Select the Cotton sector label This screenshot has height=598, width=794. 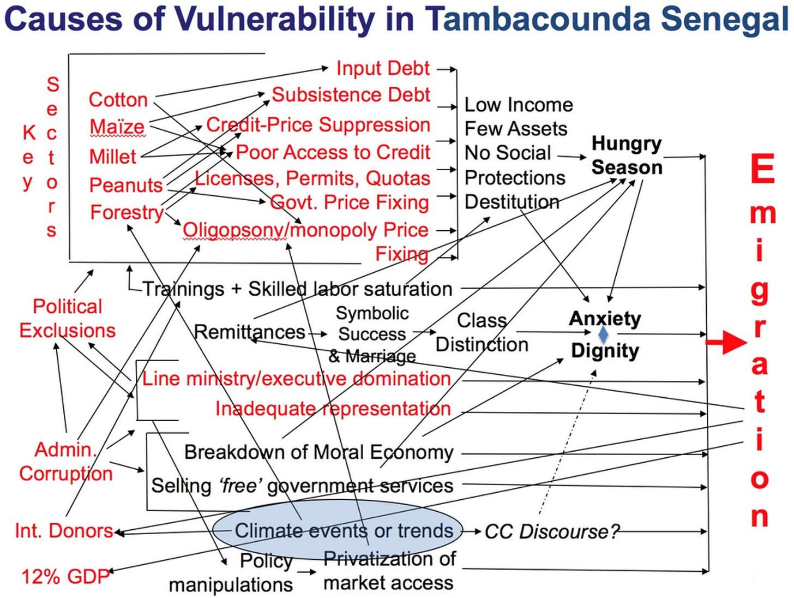click(118, 100)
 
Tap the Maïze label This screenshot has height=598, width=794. click(117, 127)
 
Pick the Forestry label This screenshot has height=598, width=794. click(127, 212)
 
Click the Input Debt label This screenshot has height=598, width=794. click(383, 68)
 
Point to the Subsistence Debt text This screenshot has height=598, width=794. click(351, 95)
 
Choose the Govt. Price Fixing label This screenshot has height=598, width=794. click(350, 203)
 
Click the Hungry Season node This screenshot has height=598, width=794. click(627, 156)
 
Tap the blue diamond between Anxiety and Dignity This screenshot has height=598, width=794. click(603, 334)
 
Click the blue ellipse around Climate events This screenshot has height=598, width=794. click(337, 530)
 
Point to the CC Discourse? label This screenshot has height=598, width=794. click(552, 531)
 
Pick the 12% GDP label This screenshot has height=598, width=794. click(65, 576)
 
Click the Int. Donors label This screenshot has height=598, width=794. click(64, 530)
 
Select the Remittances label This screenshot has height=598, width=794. click(249, 332)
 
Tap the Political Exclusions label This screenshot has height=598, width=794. click(68, 319)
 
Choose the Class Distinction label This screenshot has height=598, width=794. click(482, 332)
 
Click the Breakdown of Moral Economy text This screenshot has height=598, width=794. click(318, 452)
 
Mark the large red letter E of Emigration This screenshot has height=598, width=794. click(762, 169)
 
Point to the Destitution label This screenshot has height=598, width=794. click(512, 202)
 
